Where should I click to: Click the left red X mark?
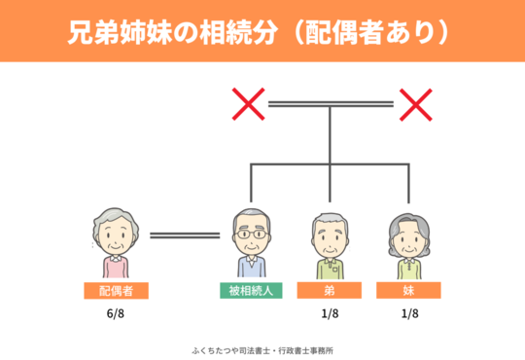click(248, 102)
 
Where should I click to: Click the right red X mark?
click(416, 102)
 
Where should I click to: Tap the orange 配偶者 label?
click(116, 290)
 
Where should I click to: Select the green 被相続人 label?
click(252, 290)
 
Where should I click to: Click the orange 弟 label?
click(331, 290)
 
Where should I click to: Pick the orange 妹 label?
click(408, 290)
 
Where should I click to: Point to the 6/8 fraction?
click(116, 315)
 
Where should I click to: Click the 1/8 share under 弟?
click(331, 315)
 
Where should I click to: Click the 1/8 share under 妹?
click(408, 315)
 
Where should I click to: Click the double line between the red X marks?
click(332, 102)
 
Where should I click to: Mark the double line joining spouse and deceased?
click(184, 234)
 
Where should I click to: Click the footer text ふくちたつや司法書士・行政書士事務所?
click(263, 348)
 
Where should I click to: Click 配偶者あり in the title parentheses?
click(384, 32)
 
